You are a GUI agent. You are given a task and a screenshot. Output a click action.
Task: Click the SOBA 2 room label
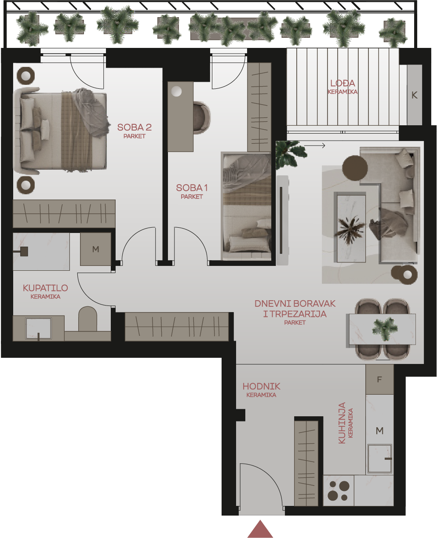[135, 127]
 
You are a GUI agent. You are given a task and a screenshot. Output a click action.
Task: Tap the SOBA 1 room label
[192, 188]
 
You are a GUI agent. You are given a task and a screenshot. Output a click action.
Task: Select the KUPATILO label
[45, 288]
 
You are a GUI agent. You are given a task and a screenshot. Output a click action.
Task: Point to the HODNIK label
[261, 386]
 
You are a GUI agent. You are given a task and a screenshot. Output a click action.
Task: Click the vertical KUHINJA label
[342, 423]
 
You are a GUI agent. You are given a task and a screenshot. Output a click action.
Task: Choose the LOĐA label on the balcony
[342, 83]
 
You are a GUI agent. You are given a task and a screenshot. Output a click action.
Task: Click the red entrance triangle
[260, 529]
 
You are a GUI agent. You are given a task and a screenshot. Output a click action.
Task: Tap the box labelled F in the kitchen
[379, 379]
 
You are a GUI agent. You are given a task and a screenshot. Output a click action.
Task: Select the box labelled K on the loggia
[415, 95]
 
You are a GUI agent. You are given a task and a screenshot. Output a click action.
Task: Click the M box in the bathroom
[95, 249]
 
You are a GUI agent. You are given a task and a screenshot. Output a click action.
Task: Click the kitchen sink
[380, 458]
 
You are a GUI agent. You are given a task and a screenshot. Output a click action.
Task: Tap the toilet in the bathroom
[87, 319]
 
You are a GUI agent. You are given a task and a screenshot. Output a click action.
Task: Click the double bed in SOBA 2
[61, 131]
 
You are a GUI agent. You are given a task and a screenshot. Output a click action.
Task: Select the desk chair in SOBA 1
[201, 117]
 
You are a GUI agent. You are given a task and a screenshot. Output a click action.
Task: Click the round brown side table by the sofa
[355, 168]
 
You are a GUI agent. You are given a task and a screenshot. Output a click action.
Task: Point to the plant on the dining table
[385, 329]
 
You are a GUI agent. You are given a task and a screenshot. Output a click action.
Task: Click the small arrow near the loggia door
[314, 145]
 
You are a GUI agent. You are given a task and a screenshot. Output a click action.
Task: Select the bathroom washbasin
[38, 328]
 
